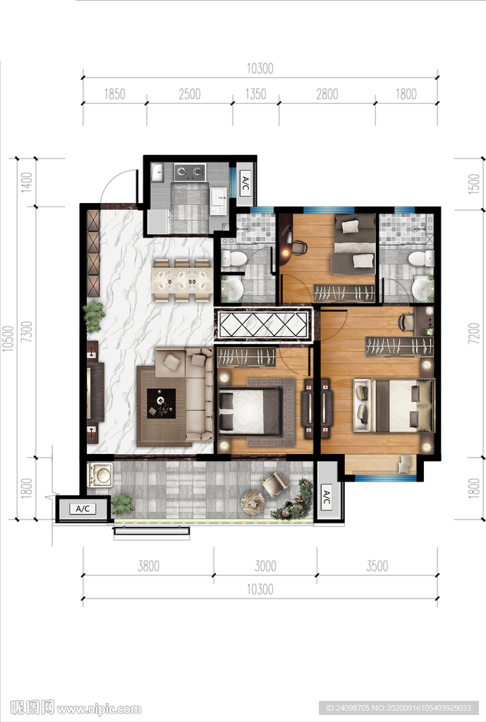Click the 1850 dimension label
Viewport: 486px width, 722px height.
[x=115, y=94]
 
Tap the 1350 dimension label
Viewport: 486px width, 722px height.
[x=255, y=94]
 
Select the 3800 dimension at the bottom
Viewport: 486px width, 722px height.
[x=148, y=566]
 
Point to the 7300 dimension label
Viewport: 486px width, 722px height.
[x=28, y=331]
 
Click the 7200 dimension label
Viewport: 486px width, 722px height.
[x=474, y=334]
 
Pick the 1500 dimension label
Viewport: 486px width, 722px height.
[x=474, y=184]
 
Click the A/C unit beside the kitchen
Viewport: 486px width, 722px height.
[x=245, y=183]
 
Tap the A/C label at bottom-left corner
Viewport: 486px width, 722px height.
[x=83, y=508]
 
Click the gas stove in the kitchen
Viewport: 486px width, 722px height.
[x=190, y=172]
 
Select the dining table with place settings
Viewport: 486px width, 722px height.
[x=182, y=281]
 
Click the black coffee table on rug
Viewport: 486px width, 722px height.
[x=162, y=403]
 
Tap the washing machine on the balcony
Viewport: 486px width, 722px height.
[x=100, y=475]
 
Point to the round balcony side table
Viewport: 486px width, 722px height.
[x=253, y=501]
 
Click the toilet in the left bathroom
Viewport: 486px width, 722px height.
[x=233, y=259]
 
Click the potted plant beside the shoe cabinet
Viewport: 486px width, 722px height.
[x=94, y=315]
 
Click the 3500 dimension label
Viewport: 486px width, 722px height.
[x=377, y=566]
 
